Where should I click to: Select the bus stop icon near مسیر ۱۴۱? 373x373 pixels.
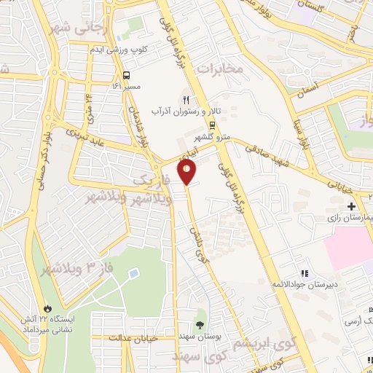coord(127,75)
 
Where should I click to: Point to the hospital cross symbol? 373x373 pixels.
coord(351,207)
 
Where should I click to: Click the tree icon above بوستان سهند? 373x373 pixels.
coord(200,326)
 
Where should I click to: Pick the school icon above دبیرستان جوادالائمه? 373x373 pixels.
coord(305,273)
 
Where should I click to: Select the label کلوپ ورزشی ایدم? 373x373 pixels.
coord(114,49)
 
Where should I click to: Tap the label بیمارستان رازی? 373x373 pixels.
coord(344,219)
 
